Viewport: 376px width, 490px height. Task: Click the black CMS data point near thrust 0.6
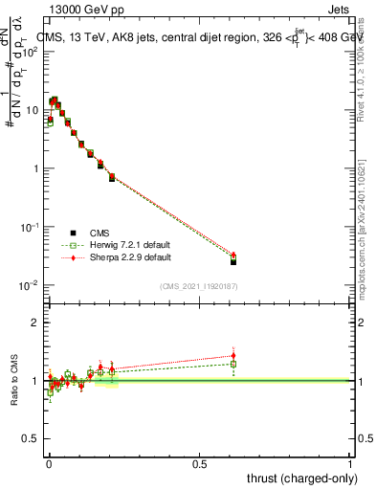[233, 260]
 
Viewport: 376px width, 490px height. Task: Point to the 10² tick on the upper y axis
[32, 51]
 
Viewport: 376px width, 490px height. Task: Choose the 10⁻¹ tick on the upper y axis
[32, 227]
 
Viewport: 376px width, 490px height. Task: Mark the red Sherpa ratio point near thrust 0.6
[233, 356]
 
